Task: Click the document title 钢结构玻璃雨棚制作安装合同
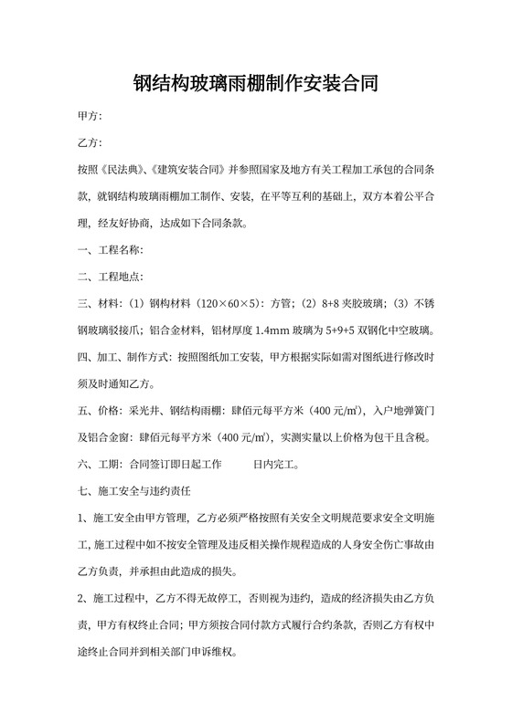pos(256,84)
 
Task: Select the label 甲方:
pos(91,117)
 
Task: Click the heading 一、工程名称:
pos(110,249)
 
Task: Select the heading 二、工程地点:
pos(110,276)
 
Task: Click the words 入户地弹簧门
pos(403,410)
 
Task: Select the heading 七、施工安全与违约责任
pos(134,490)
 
